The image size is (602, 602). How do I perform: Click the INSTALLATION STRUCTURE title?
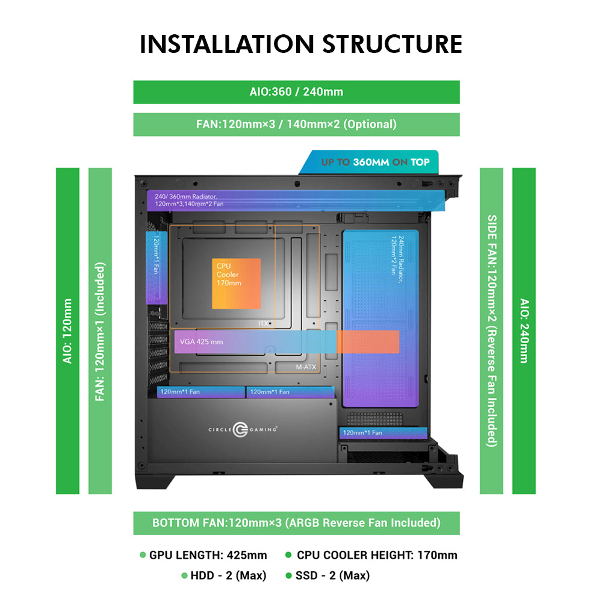click(301, 45)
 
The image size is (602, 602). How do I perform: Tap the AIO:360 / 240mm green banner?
click(296, 92)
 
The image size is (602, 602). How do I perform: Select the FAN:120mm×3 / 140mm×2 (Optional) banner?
click(296, 125)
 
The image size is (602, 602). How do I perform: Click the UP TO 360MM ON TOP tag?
click(374, 162)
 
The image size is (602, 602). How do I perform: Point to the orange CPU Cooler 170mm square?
click(236, 283)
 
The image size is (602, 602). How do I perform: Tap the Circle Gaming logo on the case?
click(239, 429)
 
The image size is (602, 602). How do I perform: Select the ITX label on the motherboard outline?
click(263, 324)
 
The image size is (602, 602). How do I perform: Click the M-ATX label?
click(306, 367)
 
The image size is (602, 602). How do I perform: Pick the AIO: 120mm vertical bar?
click(67, 330)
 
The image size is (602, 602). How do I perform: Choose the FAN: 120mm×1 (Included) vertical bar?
click(100, 330)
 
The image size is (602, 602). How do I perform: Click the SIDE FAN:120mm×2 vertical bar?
click(491, 330)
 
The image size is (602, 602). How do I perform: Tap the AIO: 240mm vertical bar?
click(524, 330)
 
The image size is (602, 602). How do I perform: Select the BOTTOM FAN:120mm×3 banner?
click(296, 523)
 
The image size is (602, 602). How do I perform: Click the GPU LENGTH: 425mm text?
click(208, 555)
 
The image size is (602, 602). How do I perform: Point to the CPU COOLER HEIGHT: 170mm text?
click(377, 555)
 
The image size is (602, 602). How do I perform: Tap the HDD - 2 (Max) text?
click(228, 576)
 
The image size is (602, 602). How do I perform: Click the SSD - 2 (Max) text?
click(332, 576)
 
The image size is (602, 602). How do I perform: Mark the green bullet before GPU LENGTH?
click(143, 555)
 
